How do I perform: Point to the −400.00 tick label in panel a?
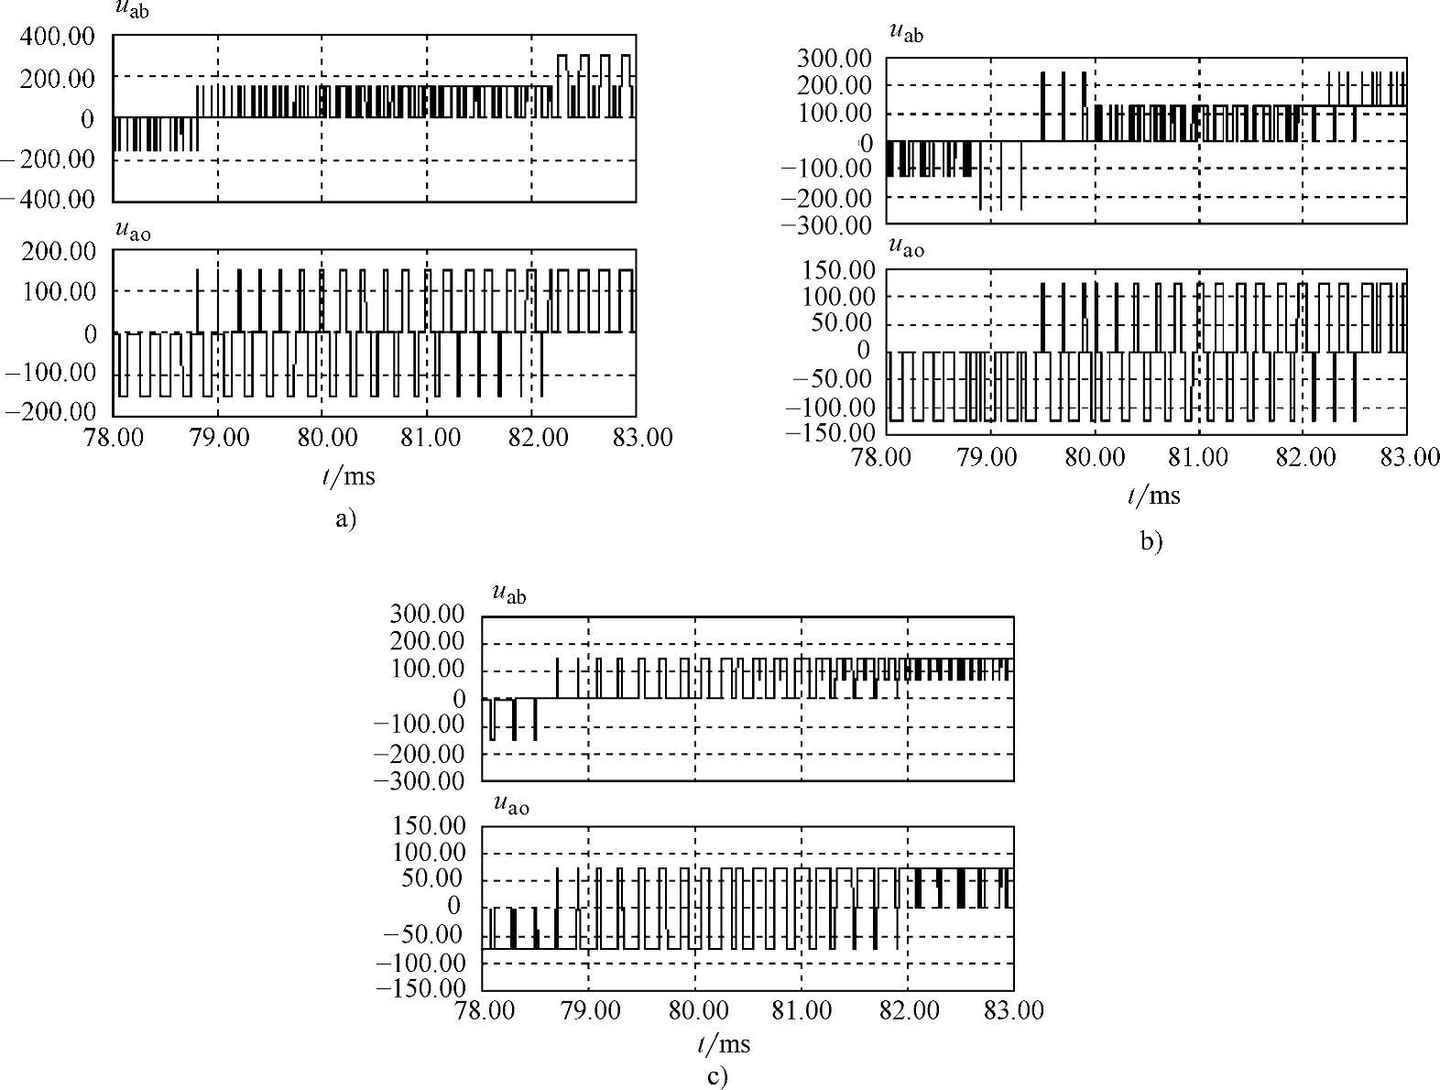pos(49,199)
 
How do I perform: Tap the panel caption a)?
pos(344,519)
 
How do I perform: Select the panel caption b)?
pos(1151,541)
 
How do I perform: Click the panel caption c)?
pos(718,1075)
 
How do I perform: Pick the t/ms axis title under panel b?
pos(1153,496)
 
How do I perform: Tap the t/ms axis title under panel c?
pos(723,1044)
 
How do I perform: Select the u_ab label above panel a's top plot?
pos(133,11)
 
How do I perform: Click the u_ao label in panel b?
pos(907,247)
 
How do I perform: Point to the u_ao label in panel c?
pos(511,804)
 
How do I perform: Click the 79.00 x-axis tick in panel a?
pos(218,437)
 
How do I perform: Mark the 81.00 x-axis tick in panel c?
pos(802,1010)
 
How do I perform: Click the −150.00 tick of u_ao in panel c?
pos(422,988)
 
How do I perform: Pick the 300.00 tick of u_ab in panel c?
pos(427,615)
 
